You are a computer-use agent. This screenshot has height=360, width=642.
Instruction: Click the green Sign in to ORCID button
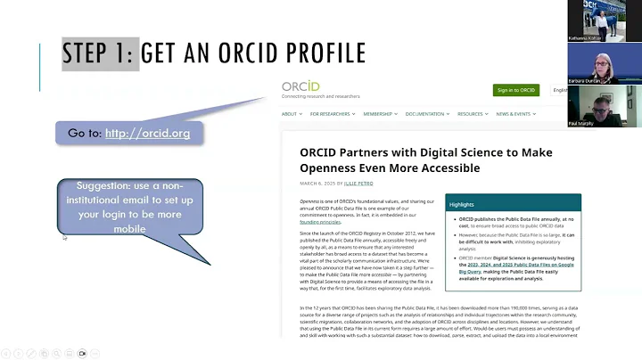(x=516, y=90)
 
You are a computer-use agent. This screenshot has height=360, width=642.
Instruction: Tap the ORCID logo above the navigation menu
(x=301, y=86)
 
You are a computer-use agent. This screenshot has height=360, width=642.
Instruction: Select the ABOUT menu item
(x=291, y=114)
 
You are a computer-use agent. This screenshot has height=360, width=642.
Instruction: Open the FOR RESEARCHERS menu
(x=333, y=114)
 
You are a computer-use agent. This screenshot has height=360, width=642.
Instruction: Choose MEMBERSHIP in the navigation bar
(x=381, y=114)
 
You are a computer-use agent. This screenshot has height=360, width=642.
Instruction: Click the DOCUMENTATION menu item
(x=432, y=114)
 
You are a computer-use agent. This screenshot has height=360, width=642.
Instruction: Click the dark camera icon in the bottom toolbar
(x=82, y=353)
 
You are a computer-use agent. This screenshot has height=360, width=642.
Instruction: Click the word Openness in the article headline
(x=338, y=168)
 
